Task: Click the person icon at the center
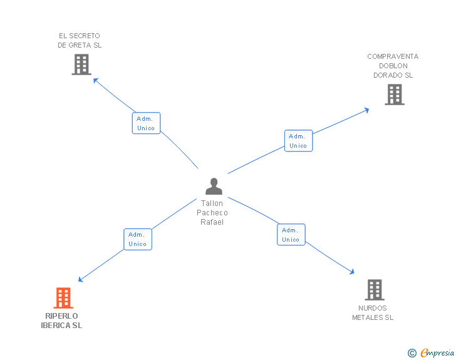pyautogui.click(x=214, y=187)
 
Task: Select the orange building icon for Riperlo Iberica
pyautogui.click(x=63, y=298)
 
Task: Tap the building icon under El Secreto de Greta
pyautogui.click(x=81, y=64)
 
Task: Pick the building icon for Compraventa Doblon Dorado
pyautogui.click(x=394, y=95)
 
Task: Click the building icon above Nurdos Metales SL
pyautogui.click(x=374, y=290)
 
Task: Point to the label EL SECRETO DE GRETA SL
pyautogui.click(x=80, y=41)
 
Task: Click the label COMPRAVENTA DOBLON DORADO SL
pyautogui.click(x=393, y=66)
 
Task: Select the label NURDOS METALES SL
pyautogui.click(x=373, y=312)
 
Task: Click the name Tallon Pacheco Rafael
pyautogui.click(x=212, y=213)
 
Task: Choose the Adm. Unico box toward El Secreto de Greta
pyautogui.click(x=146, y=123)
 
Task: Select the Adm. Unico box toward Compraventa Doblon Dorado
pyautogui.click(x=298, y=141)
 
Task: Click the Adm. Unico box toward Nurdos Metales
pyautogui.click(x=291, y=235)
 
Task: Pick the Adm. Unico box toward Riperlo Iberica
pyautogui.click(x=137, y=239)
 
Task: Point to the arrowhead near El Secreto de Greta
pyautogui.click(x=95, y=80)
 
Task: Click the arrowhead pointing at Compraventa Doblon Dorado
pyautogui.click(x=366, y=110)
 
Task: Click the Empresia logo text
pyautogui.click(x=437, y=353)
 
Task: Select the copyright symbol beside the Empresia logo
pyautogui.click(x=412, y=353)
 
